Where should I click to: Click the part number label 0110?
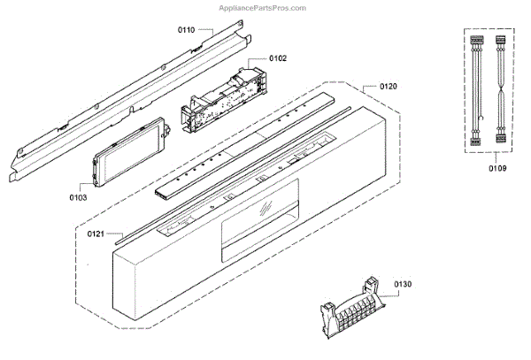coord(185,29)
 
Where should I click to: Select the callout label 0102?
coord(277,58)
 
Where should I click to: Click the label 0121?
coord(96,234)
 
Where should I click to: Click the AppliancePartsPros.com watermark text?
coord(262,7)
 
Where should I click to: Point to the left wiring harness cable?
coord(474,88)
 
